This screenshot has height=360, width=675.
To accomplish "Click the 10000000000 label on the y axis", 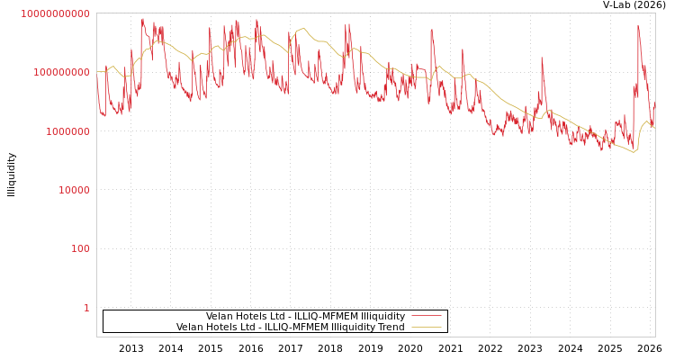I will [x=56, y=13].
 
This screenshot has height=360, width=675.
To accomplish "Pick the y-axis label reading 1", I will [x=86, y=308].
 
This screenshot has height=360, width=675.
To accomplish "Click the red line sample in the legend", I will [x=426, y=316].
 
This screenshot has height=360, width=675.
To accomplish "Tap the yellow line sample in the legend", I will [x=426, y=327].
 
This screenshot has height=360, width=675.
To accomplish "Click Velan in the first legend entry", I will [x=220, y=317].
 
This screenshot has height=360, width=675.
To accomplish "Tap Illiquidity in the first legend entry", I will [x=382, y=317].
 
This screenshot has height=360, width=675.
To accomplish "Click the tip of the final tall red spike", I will [x=638, y=25].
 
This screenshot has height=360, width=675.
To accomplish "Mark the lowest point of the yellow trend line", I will [x=634, y=152].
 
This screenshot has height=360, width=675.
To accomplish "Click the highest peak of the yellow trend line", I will [x=301, y=28].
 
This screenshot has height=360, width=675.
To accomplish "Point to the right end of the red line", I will [x=654, y=105].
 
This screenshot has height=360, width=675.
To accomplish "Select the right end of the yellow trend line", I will [x=654, y=128].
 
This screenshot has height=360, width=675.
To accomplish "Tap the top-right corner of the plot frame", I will [x=655, y=13].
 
